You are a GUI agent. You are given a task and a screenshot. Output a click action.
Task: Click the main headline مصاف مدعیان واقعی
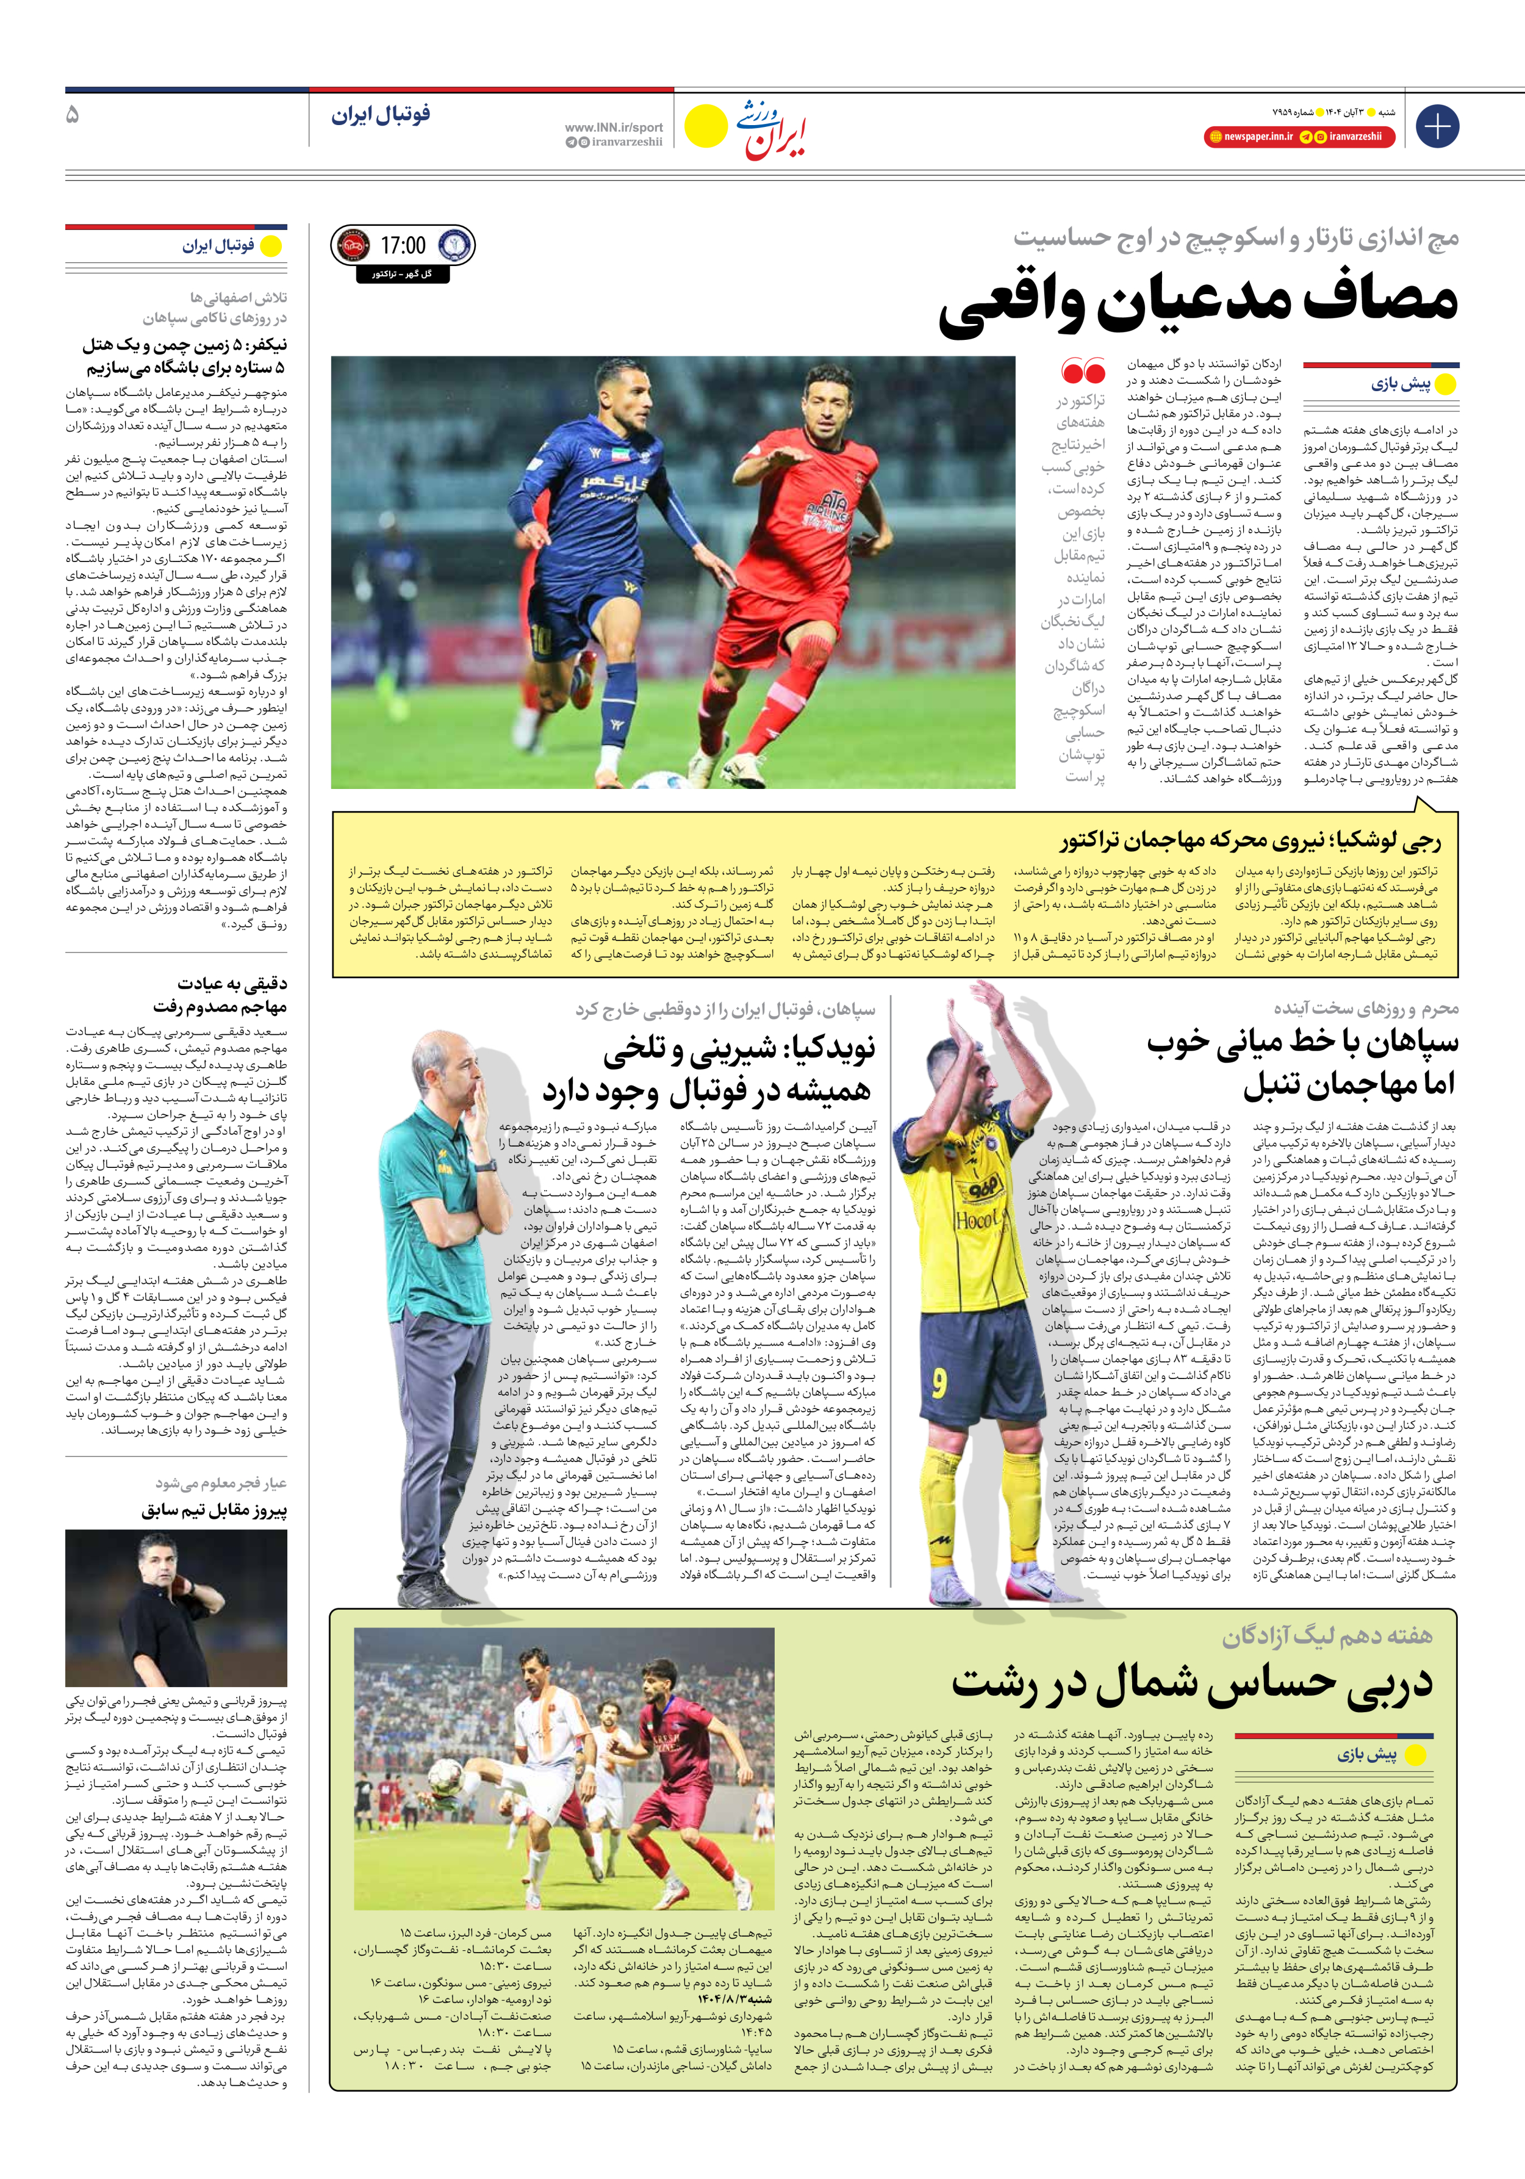1197,304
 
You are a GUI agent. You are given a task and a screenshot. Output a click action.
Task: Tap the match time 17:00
403,246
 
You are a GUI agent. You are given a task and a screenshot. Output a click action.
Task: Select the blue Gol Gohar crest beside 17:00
454,246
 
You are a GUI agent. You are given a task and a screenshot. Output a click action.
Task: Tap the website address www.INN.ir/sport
613,127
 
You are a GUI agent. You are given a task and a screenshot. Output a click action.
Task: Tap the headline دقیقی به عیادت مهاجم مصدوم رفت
220,995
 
